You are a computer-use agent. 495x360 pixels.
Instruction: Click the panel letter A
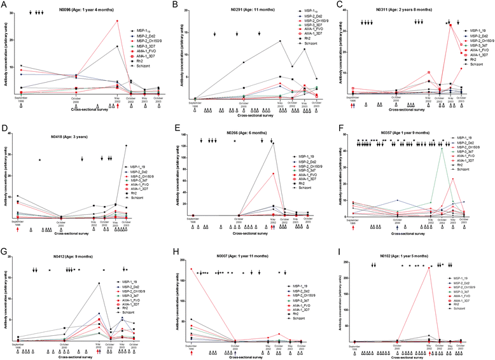(x=4, y=4)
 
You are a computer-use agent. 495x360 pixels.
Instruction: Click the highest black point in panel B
(x=280, y=41)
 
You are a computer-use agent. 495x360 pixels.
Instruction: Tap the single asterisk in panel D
(x=39, y=159)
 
